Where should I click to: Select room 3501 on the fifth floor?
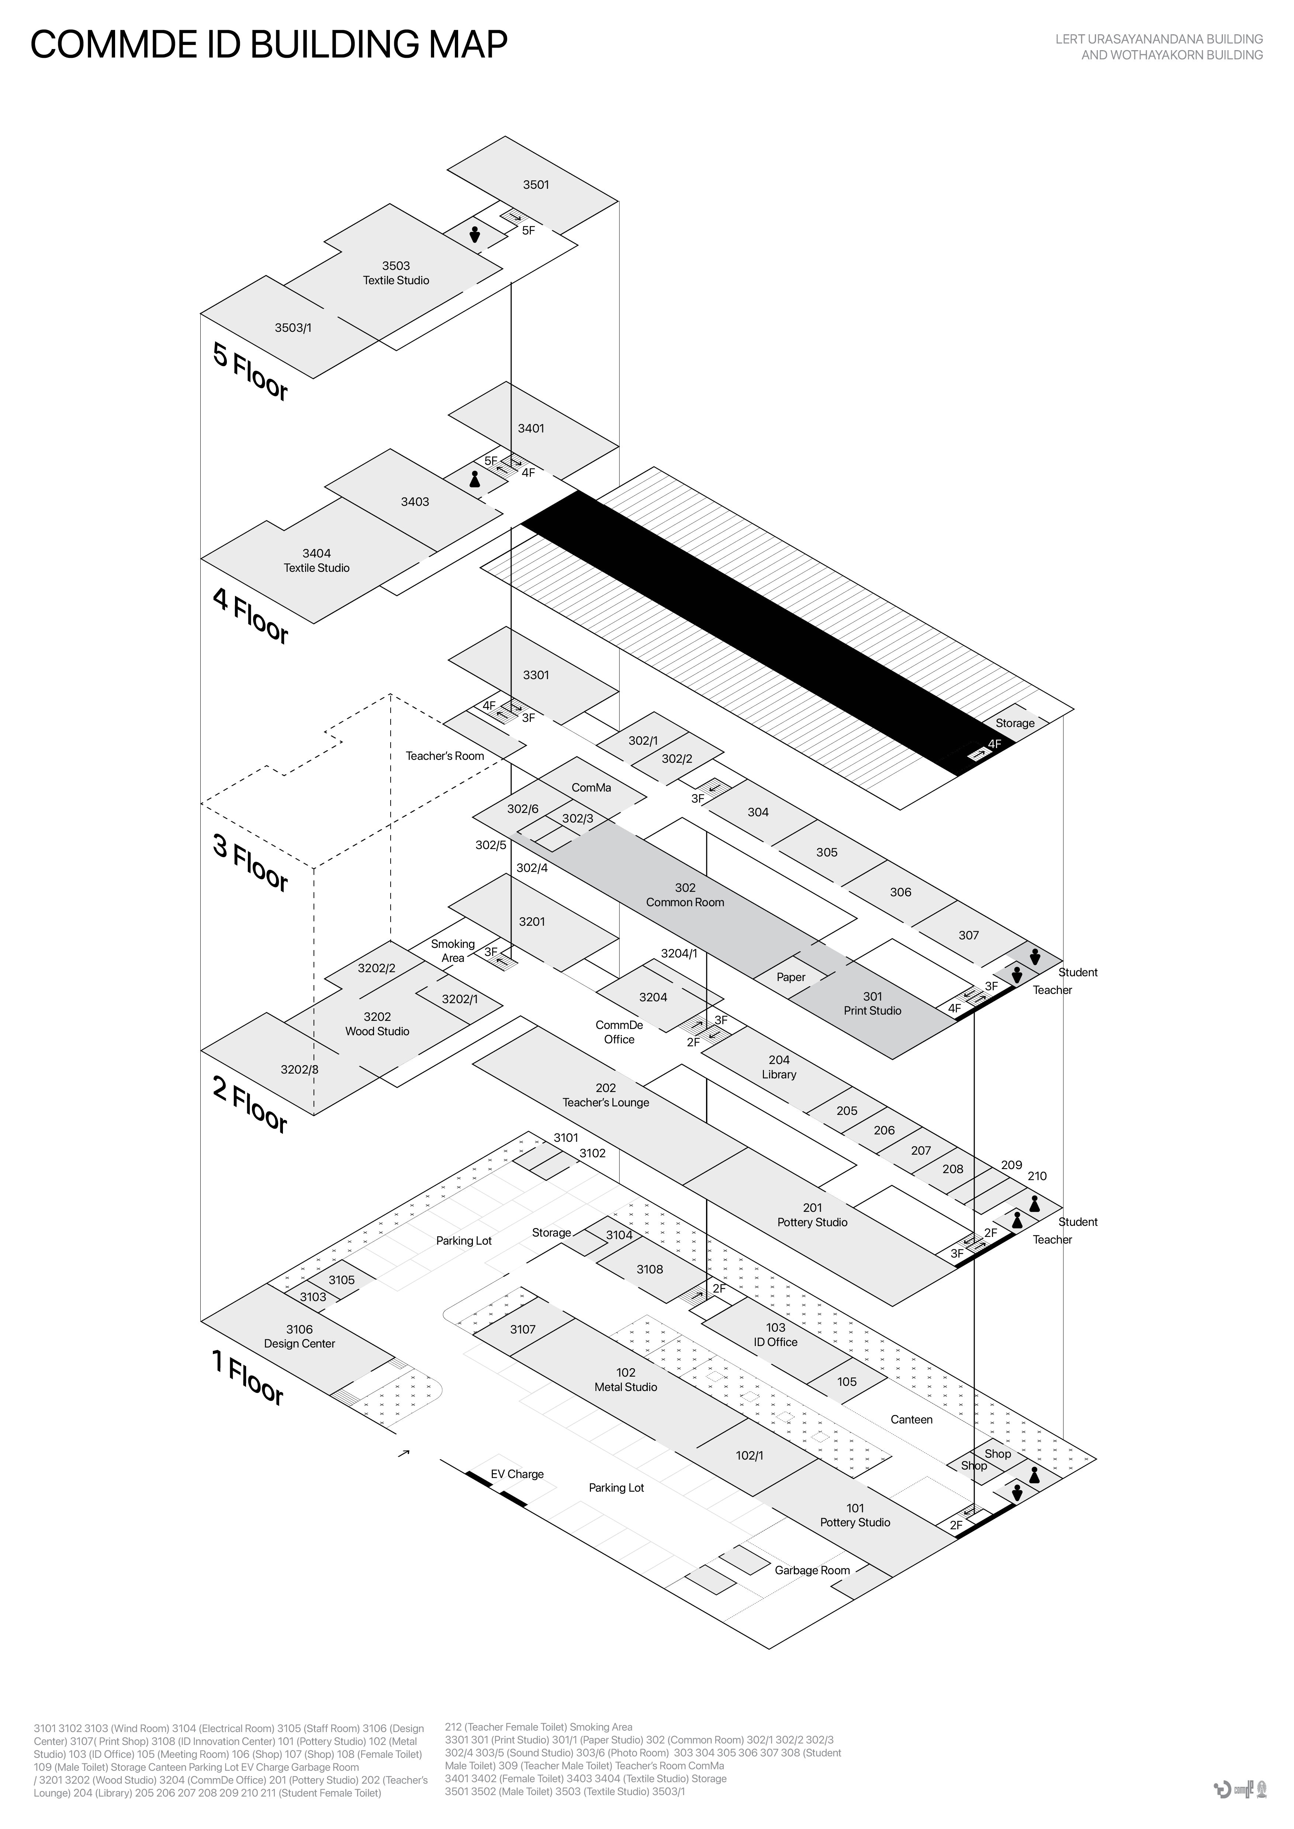pos(536,185)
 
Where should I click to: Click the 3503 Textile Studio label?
pos(396,273)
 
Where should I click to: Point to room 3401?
pos(531,428)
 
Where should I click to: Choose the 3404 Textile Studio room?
pos(316,561)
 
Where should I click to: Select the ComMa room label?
pos(591,788)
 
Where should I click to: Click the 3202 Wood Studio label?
pos(377,1024)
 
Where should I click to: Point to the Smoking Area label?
pos(453,950)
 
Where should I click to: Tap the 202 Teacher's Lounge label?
pos(606,1095)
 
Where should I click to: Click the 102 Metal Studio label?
pos(626,1380)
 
